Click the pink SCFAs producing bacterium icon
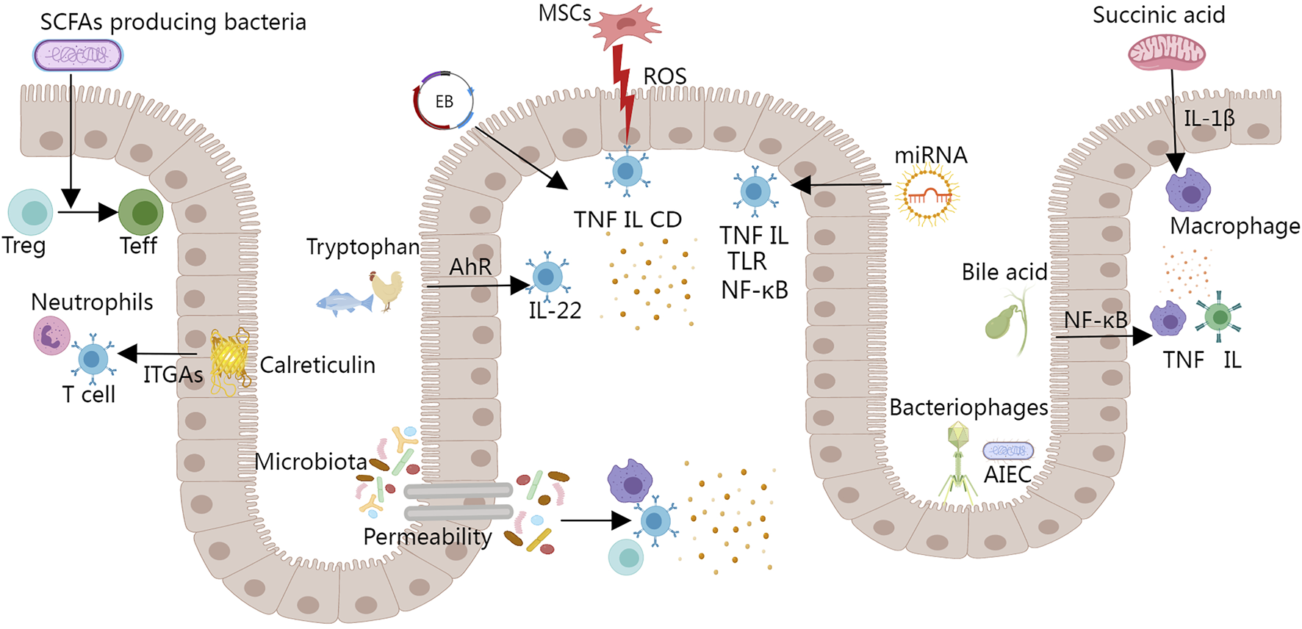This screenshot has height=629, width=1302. pos(78,55)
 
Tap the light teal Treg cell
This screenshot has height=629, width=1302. pos(31,212)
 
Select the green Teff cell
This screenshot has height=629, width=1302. pos(140,212)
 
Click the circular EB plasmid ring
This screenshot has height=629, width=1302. pos(443,101)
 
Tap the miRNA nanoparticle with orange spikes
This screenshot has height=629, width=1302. pos(927,194)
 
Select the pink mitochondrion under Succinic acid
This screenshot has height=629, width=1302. pos(1167,53)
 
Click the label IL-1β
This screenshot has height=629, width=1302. pos(1209,118)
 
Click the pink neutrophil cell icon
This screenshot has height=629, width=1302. pos(51,336)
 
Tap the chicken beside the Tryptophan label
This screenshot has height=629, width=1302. pos(387,289)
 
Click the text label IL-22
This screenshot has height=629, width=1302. pos(555,310)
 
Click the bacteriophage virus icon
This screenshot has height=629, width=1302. pos(958,463)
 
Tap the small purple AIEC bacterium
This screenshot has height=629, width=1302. pos(1008,450)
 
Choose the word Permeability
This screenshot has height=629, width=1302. pos(428,537)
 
